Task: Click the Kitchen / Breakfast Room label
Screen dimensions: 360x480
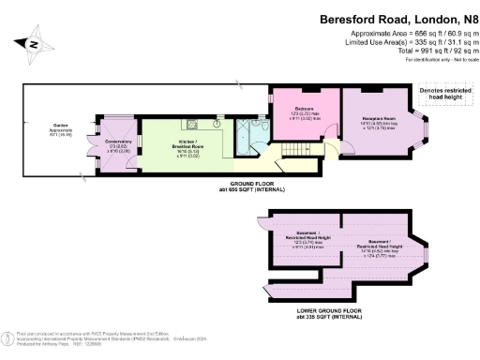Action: coord(177,137)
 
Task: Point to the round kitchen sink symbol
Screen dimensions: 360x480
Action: coord(217,121)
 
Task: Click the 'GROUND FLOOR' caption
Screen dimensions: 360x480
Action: coord(247,184)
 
